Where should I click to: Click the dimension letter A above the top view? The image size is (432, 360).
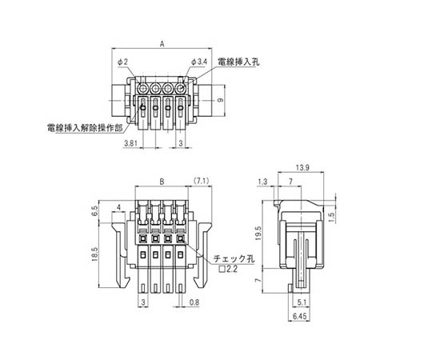pyautogui.click(x=162, y=44)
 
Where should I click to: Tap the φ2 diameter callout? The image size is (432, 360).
pyautogui.click(x=122, y=62)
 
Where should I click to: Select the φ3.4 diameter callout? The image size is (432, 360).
pyautogui.click(x=198, y=62)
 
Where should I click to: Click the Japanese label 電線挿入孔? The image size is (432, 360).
pyautogui.click(x=238, y=62)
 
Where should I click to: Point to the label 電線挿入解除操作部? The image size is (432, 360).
pyautogui.click(x=85, y=128)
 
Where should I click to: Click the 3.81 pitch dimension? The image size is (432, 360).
pyautogui.click(x=130, y=143)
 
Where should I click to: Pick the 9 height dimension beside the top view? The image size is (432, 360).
pyautogui.click(x=220, y=101)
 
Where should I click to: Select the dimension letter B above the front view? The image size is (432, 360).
pyautogui.click(x=162, y=182)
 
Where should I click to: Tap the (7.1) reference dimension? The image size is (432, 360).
pyautogui.click(x=201, y=181)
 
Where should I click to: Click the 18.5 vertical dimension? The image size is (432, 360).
pyautogui.click(x=94, y=254)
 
